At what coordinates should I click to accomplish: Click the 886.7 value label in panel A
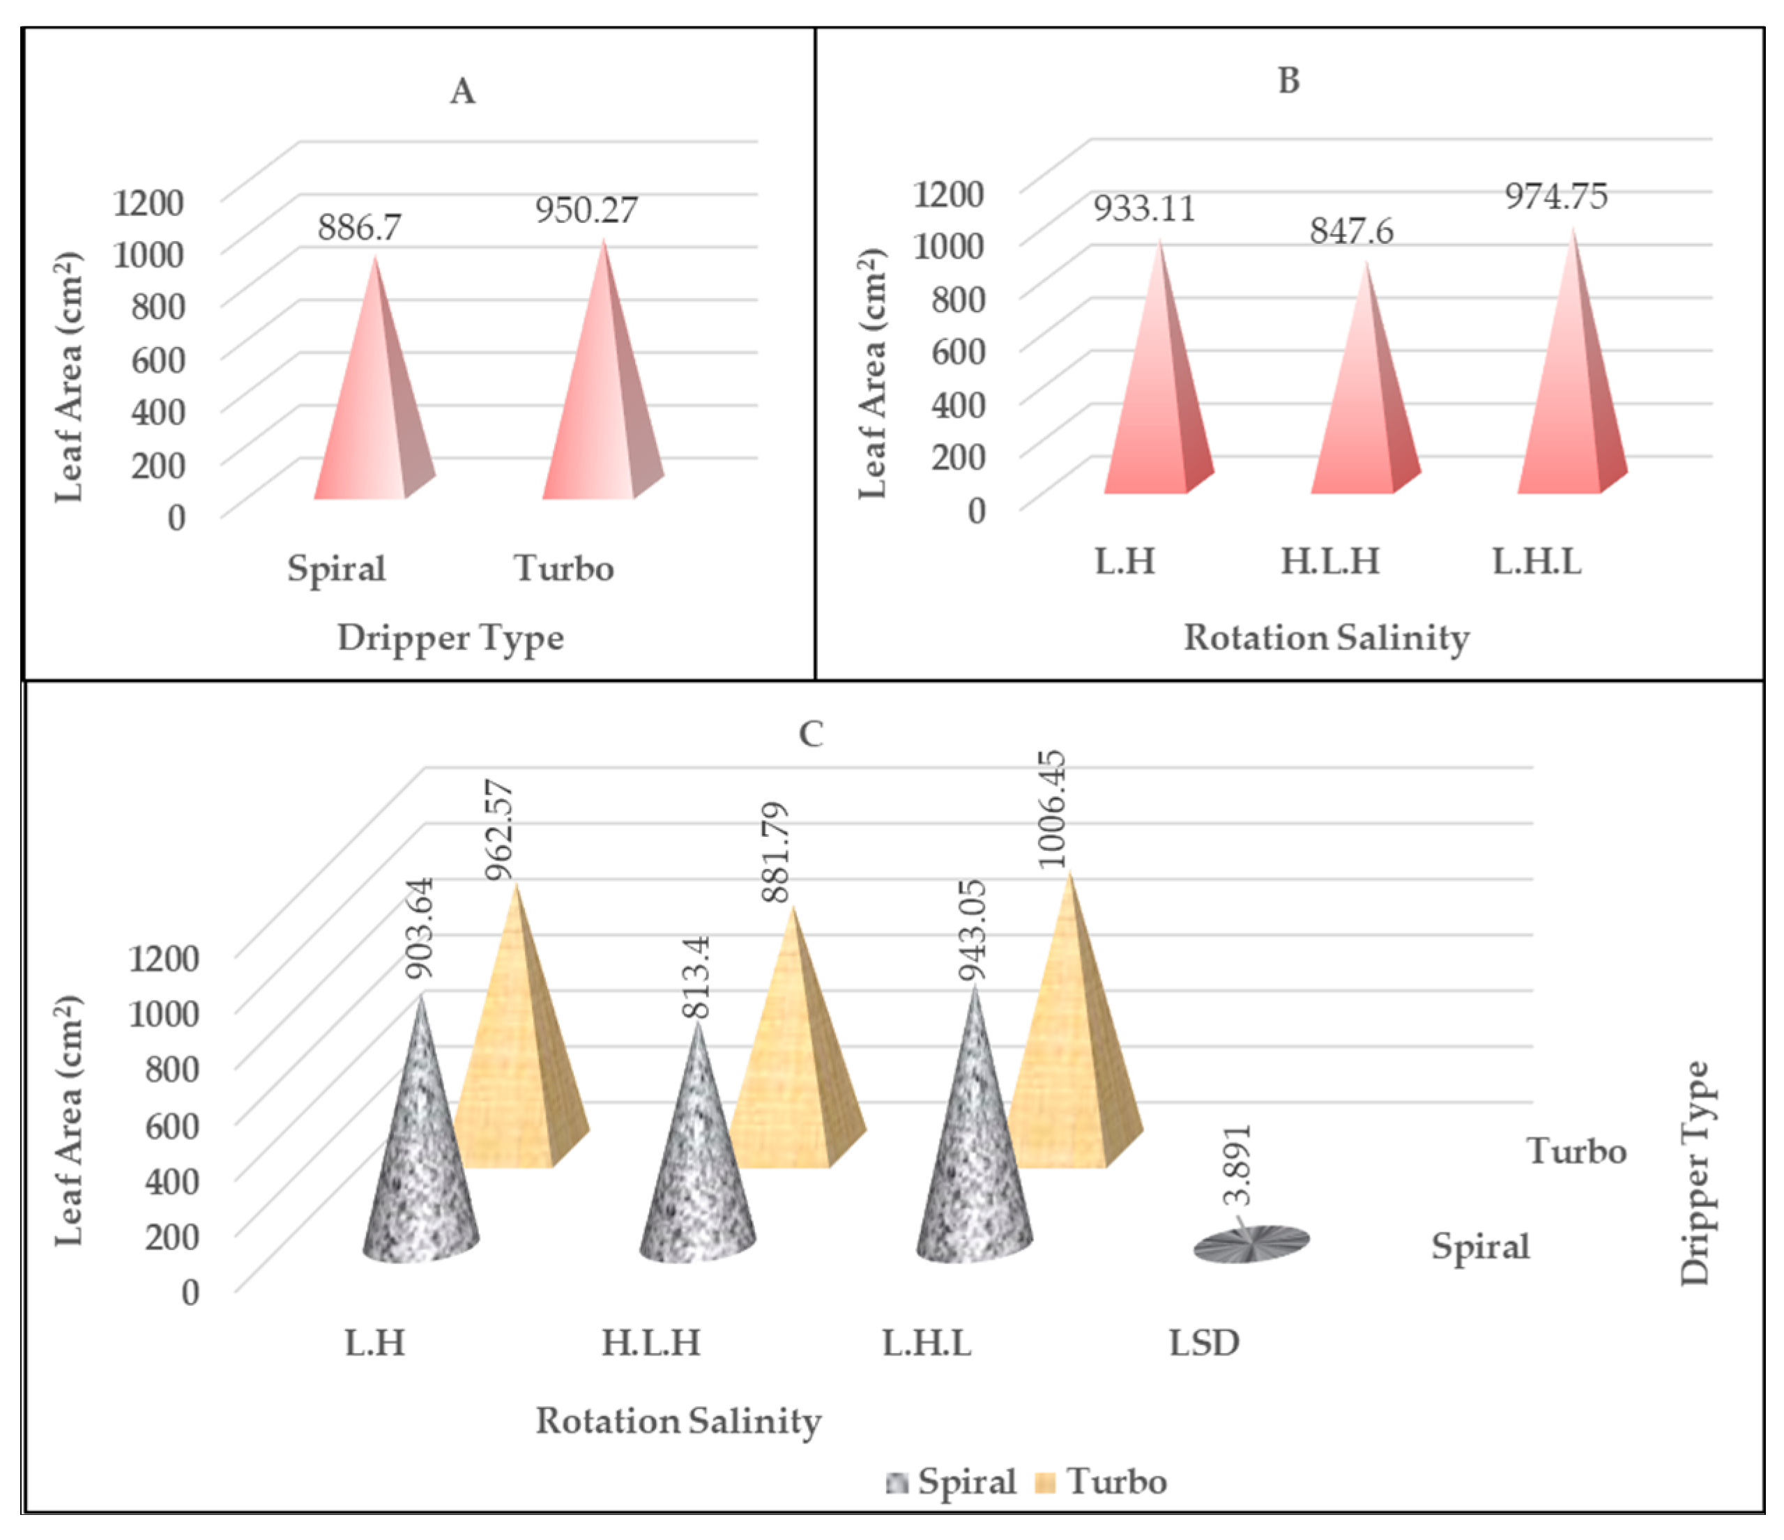[359, 228]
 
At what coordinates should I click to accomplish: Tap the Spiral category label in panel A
[336, 569]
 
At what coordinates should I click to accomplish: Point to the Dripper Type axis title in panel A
[450, 638]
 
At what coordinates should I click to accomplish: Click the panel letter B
[1288, 81]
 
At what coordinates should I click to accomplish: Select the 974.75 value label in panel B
[1556, 197]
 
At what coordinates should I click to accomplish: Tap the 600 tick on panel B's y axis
[957, 351]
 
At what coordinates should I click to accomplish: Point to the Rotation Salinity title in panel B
[1326, 638]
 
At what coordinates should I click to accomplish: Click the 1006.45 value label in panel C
[1052, 809]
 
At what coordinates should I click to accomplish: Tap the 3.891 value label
[1238, 1164]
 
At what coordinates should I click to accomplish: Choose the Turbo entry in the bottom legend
[1117, 1481]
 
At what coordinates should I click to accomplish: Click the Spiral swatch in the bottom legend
[897, 1482]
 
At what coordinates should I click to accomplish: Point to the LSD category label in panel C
[1204, 1343]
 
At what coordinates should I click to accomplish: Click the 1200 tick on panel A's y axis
[148, 202]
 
